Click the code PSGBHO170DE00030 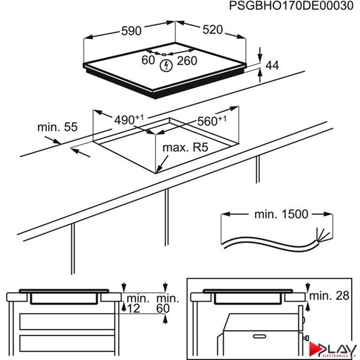(291, 6)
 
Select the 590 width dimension (131, 31)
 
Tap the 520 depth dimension (212, 29)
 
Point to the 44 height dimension (272, 65)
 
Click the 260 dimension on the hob (187, 61)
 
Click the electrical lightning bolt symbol (166, 65)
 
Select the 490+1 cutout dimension (129, 119)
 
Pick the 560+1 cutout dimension (212, 121)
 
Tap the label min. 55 (58, 127)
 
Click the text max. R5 (185, 148)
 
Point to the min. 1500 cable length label (281, 214)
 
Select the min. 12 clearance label (136, 304)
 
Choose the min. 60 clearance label (167, 304)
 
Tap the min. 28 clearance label (329, 296)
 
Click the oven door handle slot (260, 337)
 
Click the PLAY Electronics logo (332, 349)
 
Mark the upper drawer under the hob (67, 322)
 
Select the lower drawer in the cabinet (67, 343)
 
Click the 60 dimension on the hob (148, 60)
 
